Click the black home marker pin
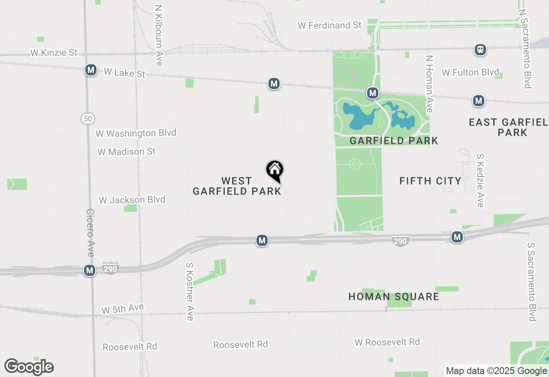[x=275, y=171]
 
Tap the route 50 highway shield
[x=88, y=119]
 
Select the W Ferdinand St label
[x=330, y=25]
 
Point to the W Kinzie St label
[x=54, y=53]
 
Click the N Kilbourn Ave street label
[x=159, y=36]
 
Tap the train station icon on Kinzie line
[x=480, y=50]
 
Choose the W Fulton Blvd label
[x=471, y=72]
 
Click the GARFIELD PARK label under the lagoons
[x=394, y=141]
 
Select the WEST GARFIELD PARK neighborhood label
[x=237, y=186]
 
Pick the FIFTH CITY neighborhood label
[x=430, y=181]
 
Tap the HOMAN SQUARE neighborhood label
[x=394, y=296]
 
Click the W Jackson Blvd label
[x=132, y=200]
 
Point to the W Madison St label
[x=126, y=152]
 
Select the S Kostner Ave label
[x=190, y=291]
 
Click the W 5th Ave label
[x=123, y=308]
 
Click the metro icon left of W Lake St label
[x=90, y=70]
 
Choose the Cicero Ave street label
[x=90, y=233]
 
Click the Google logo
[x=29, y=367]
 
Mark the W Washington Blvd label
[x=136, y=133]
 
